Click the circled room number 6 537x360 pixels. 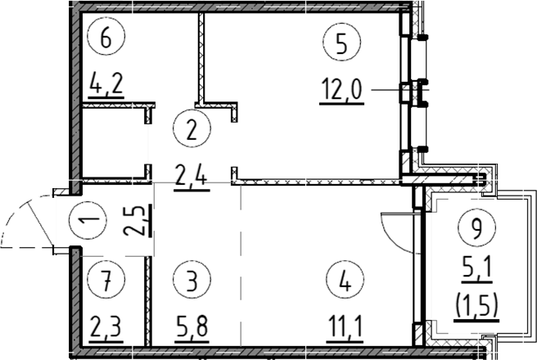pos(106,37)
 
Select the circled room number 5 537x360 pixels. pos(341,42)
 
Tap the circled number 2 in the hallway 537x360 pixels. pos(192,128)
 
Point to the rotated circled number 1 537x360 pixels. pos(88,219)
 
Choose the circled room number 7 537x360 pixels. pos(106,280)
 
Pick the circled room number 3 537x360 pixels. pos(192,280)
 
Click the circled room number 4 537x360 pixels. pos(345,280)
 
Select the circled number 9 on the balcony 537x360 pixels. pos(476,227)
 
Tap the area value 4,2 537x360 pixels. pos(106,84)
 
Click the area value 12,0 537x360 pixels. pos(341,90)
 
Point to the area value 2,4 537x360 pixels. pos(192,175)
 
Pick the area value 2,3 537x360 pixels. pos(106,327)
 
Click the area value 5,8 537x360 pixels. pos(192,326)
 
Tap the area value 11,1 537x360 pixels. pos(345,326)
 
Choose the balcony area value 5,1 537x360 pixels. pos(476,268)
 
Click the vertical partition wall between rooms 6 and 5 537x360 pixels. pos(201,58)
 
